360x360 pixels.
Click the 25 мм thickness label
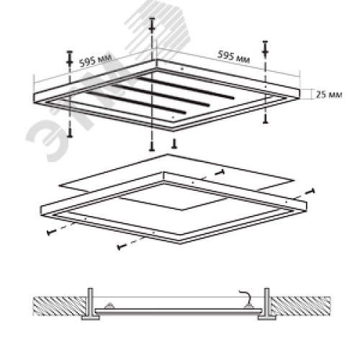tap(329, 94)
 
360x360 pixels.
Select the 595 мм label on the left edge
tap(95, 60)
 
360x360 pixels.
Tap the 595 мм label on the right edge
tap(233, 57)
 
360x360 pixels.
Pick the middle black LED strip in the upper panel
tap(161, 95)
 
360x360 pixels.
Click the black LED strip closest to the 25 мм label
tap(185, 88)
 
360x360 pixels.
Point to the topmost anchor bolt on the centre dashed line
tap(152, 24)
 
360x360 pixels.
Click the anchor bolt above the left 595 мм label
tap(69, 58)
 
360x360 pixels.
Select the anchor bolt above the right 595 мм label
tap(265, 49)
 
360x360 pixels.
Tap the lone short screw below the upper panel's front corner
tap(174, 143)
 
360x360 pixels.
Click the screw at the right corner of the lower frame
tap(310, 192)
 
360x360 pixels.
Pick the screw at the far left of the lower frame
tap(51, 232)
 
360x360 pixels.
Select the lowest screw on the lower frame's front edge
tap(122, 246)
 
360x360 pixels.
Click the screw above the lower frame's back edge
tap(220, 172)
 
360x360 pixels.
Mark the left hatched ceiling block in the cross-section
tap(60, 306)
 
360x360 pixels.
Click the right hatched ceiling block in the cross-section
tap(301, 306)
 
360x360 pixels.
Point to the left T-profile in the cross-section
tap(91, 304)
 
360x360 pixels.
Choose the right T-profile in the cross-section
tap(267, 304)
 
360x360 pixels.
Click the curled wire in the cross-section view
tap(246, 297)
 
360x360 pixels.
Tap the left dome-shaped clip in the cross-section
tap(109, 306)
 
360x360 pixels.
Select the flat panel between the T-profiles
tap(179, 311)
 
